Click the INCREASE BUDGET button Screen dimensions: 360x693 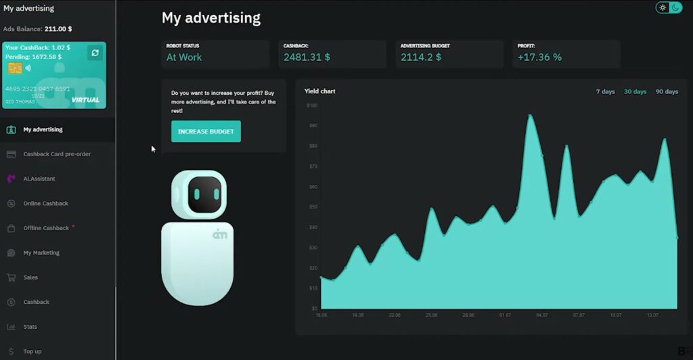pyautogui.click(x=206, y=131)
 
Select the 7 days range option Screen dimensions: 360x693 pyautogui.click(x=605, y=91)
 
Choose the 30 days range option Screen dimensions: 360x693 pyautogui.click(x=635, y=91)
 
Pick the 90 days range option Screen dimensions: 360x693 pyautogui.click(x=667, y=91)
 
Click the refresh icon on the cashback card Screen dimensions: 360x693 pyautogui.click(x=95, y=53)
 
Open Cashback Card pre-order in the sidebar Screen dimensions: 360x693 pyautogui.click(x=57, y=154)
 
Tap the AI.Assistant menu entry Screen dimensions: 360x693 pyautogui.click(x=39, y=179)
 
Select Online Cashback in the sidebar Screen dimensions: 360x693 pyautogui.click(x=45, y=204)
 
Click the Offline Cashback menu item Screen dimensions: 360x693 pyautogui.click(x=46, y=228)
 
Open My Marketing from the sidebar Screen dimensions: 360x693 pyautogui.click(x=41, y=253)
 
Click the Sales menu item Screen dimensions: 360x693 pyautogui.click(x=30, y=277)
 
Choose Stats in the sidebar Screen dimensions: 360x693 pyautogui.click(x=30, y=327)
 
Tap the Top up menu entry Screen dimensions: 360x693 pyautogui.click(x=32, y=351)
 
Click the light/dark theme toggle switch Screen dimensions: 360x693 pyautogui.click(x=669, y=7)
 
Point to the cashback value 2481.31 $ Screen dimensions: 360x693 pyautogui.click(x=307, y=58)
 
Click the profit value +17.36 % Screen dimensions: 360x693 pyautogui.click(x=539, y=58)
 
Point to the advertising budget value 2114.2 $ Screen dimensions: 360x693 pyautogui.click(x=420, y=58)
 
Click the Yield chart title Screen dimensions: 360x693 pyautogui.click(x=319, y=91)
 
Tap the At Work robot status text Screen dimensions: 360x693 pyautogui.click(x=184, y=58)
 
